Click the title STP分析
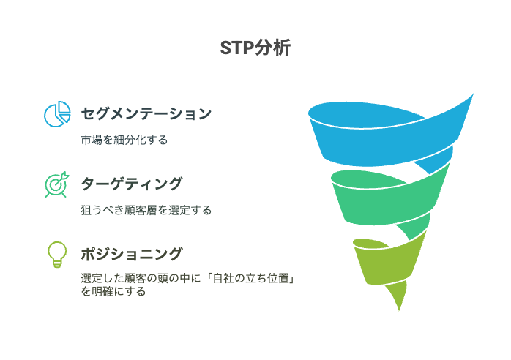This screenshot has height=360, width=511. coord(255,48)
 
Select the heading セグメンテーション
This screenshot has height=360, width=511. coord(146,113)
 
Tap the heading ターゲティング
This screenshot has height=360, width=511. coord(132,184)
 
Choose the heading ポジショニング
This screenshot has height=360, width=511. coord(132,254)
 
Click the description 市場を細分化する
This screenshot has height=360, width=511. coord(124,140)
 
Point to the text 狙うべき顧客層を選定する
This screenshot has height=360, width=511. coord(146,210)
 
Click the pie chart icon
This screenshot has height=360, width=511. coord(57,113)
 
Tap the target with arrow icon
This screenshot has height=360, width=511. coord(57,184)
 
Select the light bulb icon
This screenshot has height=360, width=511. coord(57,255)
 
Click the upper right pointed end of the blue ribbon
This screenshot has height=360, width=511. coord(473,94)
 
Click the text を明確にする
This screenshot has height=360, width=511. coord(113,291)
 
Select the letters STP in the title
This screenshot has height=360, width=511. coord(237,48)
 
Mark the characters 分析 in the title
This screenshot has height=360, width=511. coord(272,48)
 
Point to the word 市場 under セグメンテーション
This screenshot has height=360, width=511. coord(92,140)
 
